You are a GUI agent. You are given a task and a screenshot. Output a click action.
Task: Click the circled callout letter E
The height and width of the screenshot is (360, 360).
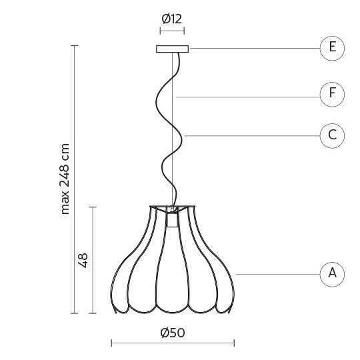tap(332, 48)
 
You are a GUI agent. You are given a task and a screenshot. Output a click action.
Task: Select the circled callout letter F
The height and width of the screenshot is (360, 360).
tap(332, 94)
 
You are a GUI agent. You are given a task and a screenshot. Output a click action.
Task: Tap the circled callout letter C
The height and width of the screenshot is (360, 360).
tap(332, 136)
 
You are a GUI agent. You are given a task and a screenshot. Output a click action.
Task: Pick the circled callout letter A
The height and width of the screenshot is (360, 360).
tap(332, 275)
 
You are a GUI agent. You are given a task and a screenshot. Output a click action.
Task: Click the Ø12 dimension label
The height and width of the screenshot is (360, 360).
tap(172, 19)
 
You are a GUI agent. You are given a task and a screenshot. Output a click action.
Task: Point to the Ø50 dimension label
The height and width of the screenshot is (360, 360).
tap(173, 333)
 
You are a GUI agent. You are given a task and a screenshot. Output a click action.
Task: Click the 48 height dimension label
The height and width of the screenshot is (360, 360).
tap(83, 261)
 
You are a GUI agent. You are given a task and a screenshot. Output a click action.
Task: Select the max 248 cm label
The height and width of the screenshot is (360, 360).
tap(65, 179)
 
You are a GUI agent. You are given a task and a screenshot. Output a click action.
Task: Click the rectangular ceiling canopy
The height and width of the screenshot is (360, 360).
tap(173, 49)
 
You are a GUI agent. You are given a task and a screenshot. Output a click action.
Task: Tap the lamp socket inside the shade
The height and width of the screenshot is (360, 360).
tap(173, 220)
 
